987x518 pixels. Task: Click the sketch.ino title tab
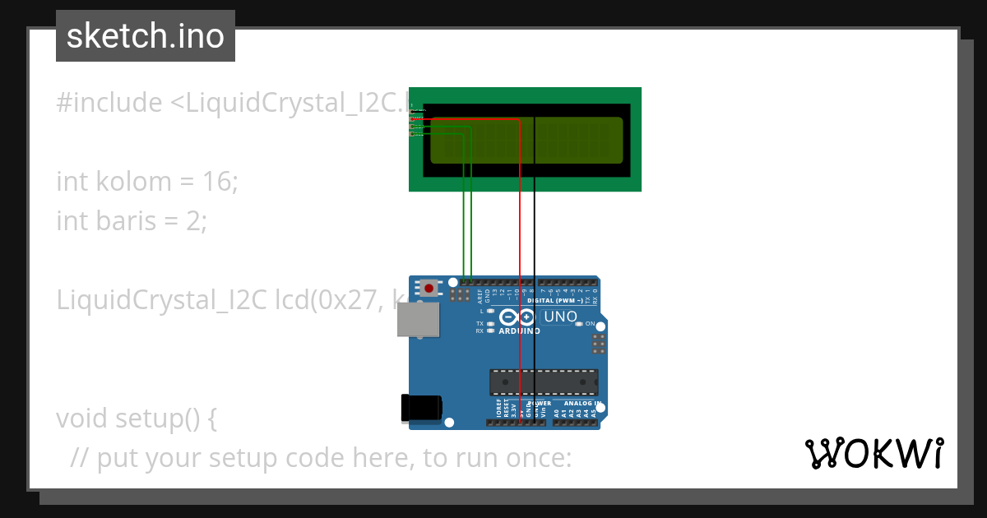146,36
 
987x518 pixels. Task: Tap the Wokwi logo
873,453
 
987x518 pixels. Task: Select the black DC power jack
420,409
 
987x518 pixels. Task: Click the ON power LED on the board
579,324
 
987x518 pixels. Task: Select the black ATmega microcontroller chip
544,382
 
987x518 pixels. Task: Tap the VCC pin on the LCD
413,118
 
